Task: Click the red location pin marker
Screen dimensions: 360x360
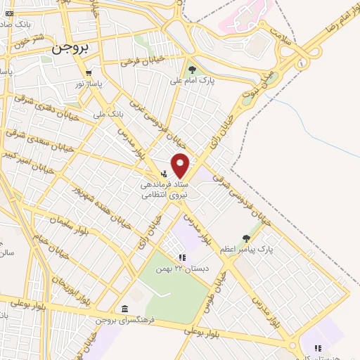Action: pos(181,165)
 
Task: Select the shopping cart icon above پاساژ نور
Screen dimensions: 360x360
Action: pos(88,73)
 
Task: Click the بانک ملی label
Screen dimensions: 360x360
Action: pos(108,112)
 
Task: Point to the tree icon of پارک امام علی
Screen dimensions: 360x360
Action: pos(193,69)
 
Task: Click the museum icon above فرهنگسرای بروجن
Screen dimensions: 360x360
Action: pos(124,309)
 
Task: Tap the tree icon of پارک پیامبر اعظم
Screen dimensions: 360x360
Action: pos(245,238)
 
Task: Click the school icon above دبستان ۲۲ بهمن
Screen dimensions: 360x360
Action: pos(181,257)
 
